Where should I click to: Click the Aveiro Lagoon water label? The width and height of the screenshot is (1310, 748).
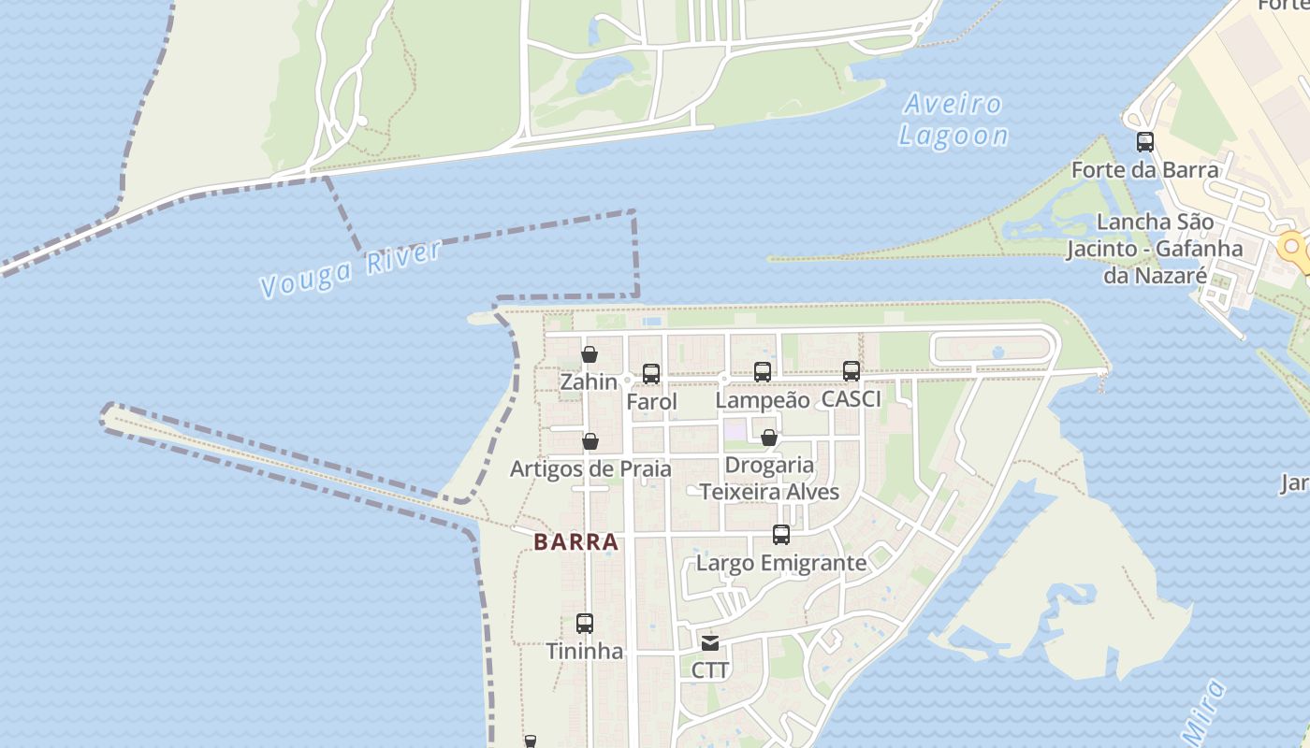pyautogui.click(x=953, y=120)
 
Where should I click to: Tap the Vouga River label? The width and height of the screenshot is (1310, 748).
pyautogui.click(x=350, y=269)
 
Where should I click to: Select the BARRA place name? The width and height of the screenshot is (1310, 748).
pyautogui.click(x=576, y=542)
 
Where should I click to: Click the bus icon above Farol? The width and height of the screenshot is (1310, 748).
pyautogui.click(x=651, y=374)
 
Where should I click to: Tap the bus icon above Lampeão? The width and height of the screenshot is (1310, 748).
pyautogui.click(x=763, y=372)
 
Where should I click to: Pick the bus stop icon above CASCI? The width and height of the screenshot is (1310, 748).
pyautogui.click(x=851, y=371)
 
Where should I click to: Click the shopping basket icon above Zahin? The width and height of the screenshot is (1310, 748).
pyautogui.click(x=589, y=354)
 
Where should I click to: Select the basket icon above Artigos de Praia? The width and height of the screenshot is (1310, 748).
pyautogui.click(x=590, y=441)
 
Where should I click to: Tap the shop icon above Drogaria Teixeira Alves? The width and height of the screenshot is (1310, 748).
pyautogui.click(x=769, y=438)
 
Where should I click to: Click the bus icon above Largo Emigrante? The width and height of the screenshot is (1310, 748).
pyautogui.click(x=781, y=535)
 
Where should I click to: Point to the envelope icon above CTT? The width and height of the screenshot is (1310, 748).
pyautogui.click(x=710, y=642)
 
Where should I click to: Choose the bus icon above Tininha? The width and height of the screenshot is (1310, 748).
pyautogui.click(x=585, y=624)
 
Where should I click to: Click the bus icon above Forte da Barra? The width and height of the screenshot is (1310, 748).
pyautogui.click(x=1145, y=142)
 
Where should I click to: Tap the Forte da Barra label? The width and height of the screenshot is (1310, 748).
pyautogui.click(x=1145, y=170)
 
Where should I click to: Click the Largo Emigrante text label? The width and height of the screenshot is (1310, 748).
pyautogui.click(x=781, y=563)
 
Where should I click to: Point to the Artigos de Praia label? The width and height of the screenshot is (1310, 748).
pyautogui.click(x=590, y=468)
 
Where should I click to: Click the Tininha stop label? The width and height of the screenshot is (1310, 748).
pyautogui.click(x=585, y=651)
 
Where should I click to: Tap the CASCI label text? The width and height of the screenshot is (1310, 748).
pyautogui.click(x=851, y=399)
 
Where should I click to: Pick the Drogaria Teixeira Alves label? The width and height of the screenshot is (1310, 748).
pyautogui.click(x=769, y=478)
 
